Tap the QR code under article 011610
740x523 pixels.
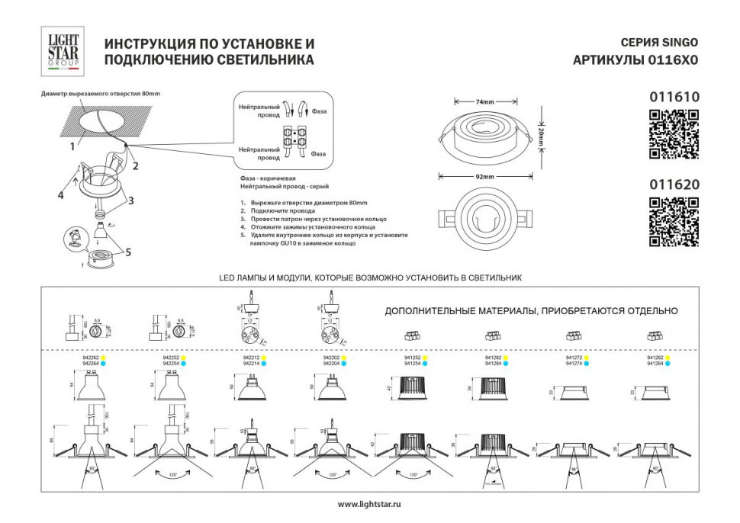[x=673, y=134]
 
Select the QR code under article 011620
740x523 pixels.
[x=673, y=222]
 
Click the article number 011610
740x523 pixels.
[x=673, y=98]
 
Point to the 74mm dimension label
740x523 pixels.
[x=485, y=101]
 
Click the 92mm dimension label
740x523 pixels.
[x=485, y=176]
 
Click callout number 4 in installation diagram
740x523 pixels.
[x=60, y=195]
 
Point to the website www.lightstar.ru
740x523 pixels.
[x=369, y=504]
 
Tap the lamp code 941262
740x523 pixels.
[x=655, y=358]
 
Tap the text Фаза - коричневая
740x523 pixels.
[x=267, y=178]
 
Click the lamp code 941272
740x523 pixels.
[x=575, y=358]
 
